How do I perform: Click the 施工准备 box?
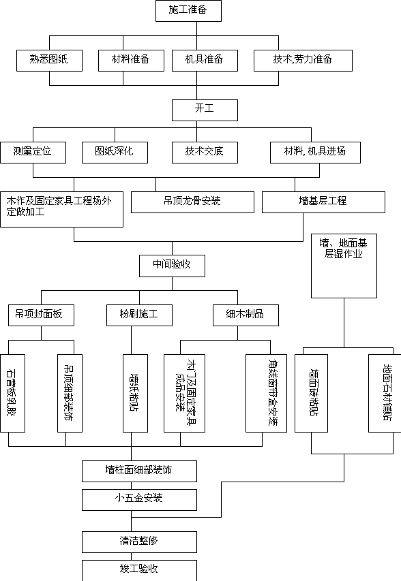(188, 11)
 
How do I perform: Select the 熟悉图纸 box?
(49, 61)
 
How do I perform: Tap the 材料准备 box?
(132, 61)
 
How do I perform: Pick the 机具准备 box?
(205, 61)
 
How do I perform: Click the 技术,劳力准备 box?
(303, 61)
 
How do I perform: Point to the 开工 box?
(205, 110)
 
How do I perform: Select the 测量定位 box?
(33, 153)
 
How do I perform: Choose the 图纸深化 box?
(115, 153)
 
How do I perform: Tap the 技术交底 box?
(205, 153)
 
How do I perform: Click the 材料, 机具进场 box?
(315, 153)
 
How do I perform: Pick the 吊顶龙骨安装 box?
(192, 202)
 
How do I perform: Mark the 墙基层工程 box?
(323, 202)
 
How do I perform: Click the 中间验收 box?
(172, 266)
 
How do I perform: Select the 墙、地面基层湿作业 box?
(344, 266)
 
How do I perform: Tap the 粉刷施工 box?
(140, 315)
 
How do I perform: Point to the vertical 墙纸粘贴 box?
(136, 393)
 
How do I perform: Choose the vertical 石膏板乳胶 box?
(12, 393)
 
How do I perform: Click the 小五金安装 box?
(140, 500)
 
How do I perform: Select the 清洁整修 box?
(140, 542)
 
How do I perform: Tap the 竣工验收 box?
(140, 571)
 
